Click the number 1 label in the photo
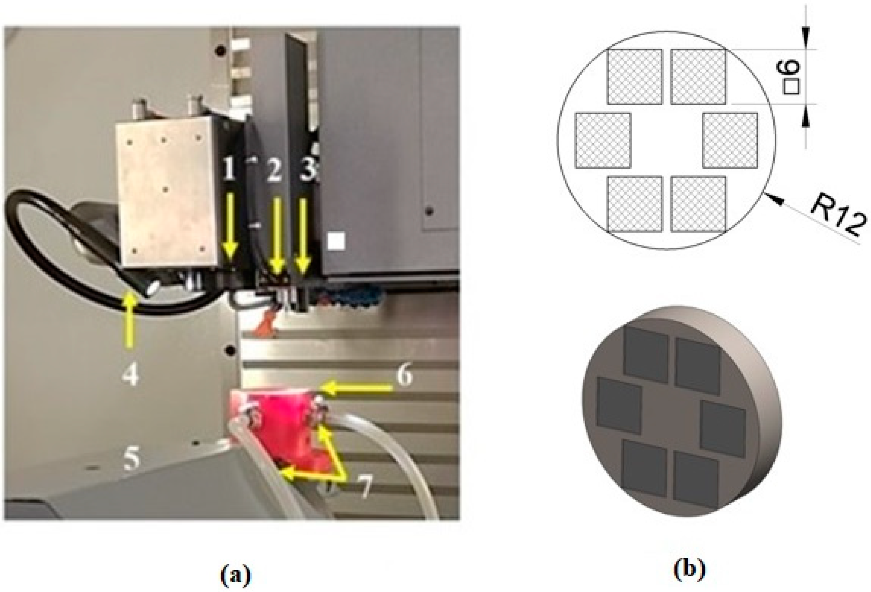point(229,169)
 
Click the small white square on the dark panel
point(336,241)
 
